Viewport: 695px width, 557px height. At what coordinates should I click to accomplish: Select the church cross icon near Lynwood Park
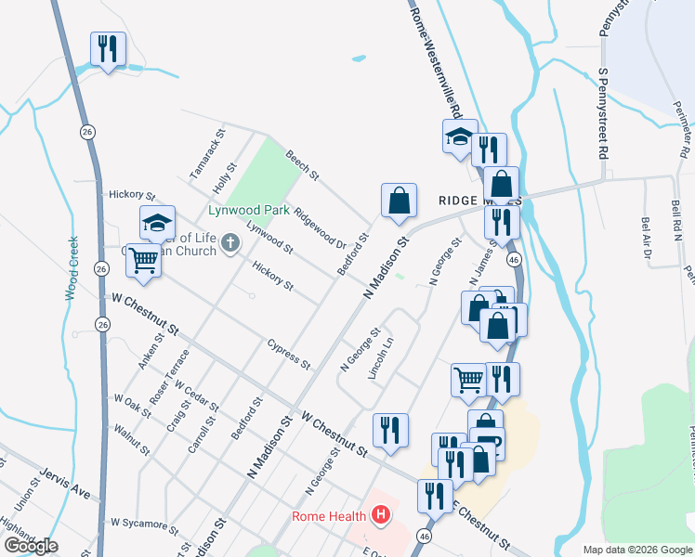tap(230, 245)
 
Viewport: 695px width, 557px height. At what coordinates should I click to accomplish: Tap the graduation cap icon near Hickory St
tap(157, 222)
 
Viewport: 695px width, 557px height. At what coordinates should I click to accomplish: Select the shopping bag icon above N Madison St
tap(399, 200)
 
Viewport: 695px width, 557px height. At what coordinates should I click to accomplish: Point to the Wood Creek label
tap(71, 268)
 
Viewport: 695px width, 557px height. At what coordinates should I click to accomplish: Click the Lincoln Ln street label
tap(381, 356)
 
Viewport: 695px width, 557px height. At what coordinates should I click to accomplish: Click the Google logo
tap(30, 546)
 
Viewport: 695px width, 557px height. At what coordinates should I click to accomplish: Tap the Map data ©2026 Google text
tap(636, 550)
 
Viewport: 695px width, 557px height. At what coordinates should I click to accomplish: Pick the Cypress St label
tap(288, 353)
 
